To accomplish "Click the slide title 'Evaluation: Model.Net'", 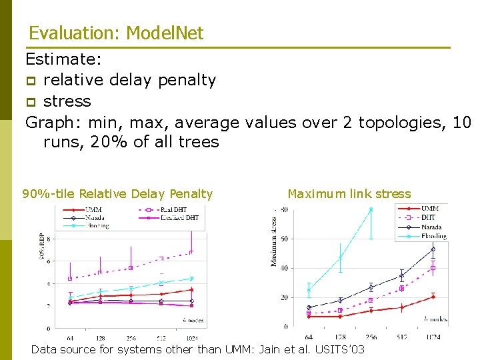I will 116,33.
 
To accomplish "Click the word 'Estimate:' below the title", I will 63,59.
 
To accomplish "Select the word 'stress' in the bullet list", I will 67,101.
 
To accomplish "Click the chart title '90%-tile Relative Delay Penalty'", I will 117,194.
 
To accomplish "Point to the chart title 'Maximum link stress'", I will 349,194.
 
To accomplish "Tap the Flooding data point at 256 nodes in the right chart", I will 371,209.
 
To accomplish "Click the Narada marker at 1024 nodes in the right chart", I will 433,249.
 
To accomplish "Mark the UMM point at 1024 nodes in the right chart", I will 433,297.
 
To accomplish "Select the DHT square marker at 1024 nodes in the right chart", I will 433,268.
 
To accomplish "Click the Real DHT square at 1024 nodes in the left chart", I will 191,252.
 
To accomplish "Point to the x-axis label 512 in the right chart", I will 401,337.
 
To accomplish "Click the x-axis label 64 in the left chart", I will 69,337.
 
